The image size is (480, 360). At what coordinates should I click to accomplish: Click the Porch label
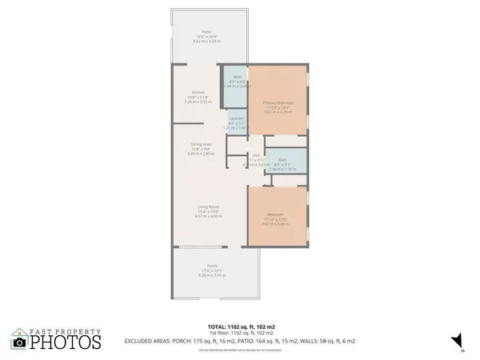(212, 266)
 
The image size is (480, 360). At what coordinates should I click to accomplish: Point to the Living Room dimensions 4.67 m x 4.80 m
(207, 217)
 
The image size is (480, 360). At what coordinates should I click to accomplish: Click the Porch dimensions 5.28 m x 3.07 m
(212, 275)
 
